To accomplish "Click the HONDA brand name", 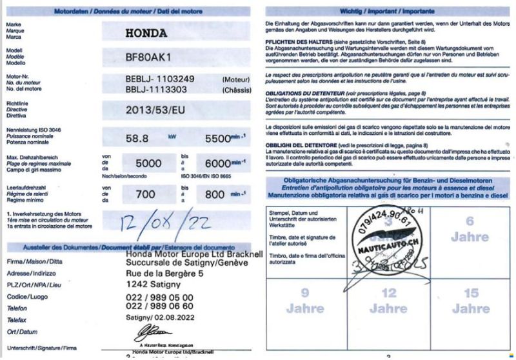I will [x=146, y=33].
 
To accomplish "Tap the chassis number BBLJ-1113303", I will [x=157, y=90].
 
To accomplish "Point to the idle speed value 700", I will [x=146, y=194].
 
